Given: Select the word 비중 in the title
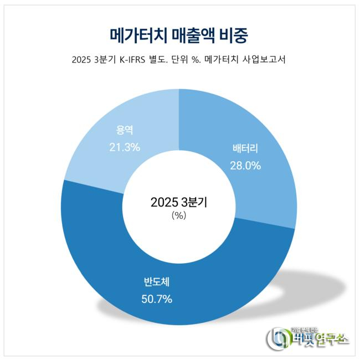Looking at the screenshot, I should coord(238,34).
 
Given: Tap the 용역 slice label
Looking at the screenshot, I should coord(125,132).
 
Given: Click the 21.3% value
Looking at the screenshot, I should coord(125,147).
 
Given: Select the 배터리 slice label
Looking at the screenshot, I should coord(245,150).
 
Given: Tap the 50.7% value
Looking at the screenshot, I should coord(156,299).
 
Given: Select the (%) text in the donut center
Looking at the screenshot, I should coord(178,216).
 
